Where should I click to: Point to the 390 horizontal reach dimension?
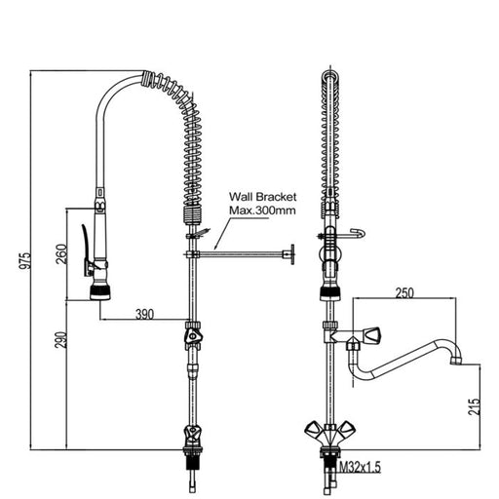pyautogui.click(x=143, y=313)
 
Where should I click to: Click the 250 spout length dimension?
pyautogui.click(x=404, y=292)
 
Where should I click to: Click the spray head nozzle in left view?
pyautogui.click(x=98, y=290)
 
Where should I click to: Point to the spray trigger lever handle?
pyautogui.click(x=87, y=249)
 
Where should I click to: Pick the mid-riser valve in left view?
pyautogui.click(x=194, y=337)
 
